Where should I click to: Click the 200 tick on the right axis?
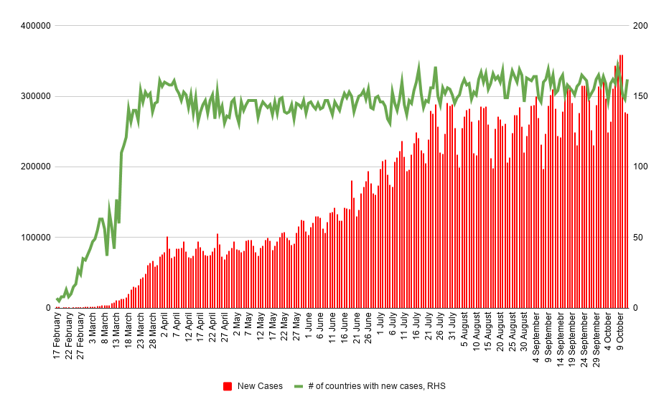640,26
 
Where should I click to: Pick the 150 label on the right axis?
640,96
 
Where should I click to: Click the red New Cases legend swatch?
228,386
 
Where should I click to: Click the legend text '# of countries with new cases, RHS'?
376,386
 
